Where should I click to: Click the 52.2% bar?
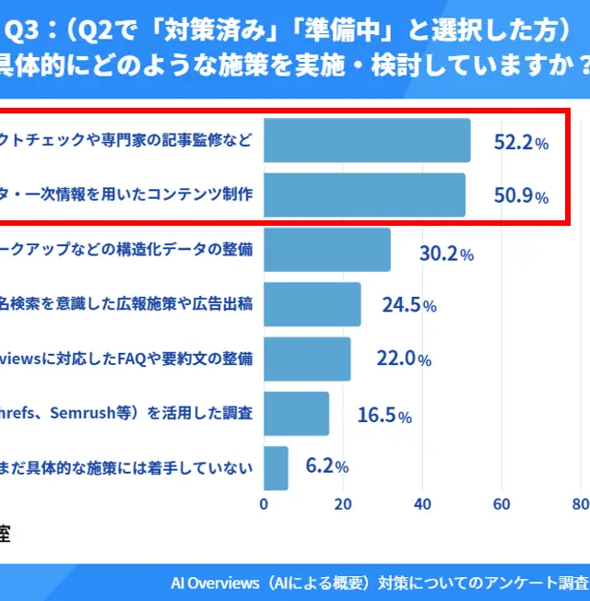click(367, 141)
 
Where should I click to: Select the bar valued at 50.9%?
click(364, 194)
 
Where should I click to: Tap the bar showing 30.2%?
click(327, 250)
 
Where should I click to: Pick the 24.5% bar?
click(313, 304)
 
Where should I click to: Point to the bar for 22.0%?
click(307, 359)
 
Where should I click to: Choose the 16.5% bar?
click(296, 413)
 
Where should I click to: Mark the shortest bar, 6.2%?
click(276, 468)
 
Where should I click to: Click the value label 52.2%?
click(521, 142)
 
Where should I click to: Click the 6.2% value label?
click(326, 465)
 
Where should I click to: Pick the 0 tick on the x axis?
click(265, 504)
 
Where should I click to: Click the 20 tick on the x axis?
click(343, 504)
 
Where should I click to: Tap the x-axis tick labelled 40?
click(423, 504)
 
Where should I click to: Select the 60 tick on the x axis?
click(502, 504)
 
